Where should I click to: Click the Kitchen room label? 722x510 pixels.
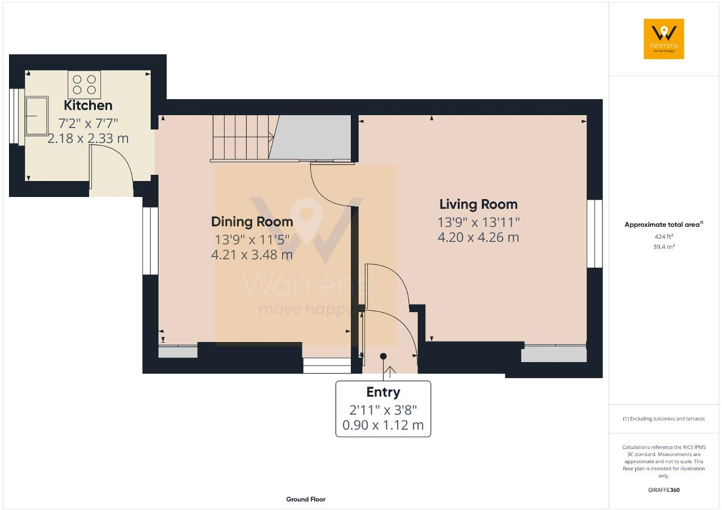pyautogui.click(x=88, y=105)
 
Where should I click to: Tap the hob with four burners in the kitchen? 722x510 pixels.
pyautogui.click(x=83, y=85)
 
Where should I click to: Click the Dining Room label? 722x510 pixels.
pyautogui.click(x=252, y=222)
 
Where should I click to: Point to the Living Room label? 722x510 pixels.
pyautogui.click(x=478, y=204)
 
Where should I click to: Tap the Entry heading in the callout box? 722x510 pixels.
pyautogui.click(x=383, y=392)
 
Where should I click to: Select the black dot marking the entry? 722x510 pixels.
pyautogui.click(x=384, y=356)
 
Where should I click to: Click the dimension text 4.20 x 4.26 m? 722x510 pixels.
pyautogui.click(x=478, y=238)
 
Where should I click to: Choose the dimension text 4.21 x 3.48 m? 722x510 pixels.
pyautogui.click(x=252, y=255)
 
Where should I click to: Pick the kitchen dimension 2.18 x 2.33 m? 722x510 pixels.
pyautogui.click(x=88, y=138)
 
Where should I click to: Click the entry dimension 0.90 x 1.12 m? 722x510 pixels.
pyautogui.click(x=383, y=425)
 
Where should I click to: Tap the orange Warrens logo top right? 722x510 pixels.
pyautogui.click(x=664, y=39)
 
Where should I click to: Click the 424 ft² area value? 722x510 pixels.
pyautogui.click(x=664, y=237)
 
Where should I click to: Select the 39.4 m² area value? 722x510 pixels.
pyautogui.click(x=664, y=247)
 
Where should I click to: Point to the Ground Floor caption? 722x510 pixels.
pyautogui.click(x=306, y=499)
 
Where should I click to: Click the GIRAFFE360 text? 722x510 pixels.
pyautogui.click(x=664, y=490)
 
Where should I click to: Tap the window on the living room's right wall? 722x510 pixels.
pyautogui.click(x=595, y=234)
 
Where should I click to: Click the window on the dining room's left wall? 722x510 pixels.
pyautogui.click(x=150, y=241)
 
